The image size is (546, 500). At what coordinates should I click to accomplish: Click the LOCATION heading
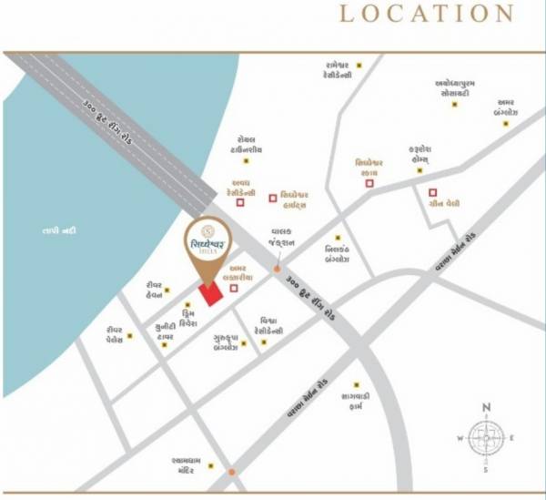point(426,14)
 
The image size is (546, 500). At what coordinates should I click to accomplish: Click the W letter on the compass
point(460,438)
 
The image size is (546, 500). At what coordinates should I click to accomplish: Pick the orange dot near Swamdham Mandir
point(233,472)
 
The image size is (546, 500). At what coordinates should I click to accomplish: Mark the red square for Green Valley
point(431,192)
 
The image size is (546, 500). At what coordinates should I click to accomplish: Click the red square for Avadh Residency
point(240,203)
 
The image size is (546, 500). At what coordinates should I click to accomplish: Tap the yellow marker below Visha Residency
point(265,342)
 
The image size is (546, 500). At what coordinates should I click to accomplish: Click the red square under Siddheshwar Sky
point(369,183)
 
